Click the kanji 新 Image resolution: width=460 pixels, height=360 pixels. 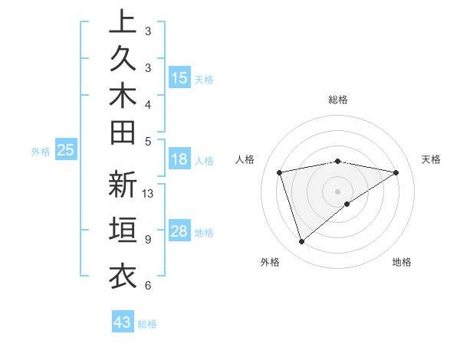(x=123, y=185)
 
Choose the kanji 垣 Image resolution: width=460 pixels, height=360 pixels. (x=123, y=231)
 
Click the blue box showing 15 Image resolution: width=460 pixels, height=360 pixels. (x=179, y=78)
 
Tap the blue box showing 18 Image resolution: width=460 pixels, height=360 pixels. (x=179, y=160)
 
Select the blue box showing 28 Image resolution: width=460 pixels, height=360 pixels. (x=179, y=231)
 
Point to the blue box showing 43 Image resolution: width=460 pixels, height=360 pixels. (x=123, y=322)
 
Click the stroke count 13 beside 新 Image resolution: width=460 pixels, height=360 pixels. (x=148, y=194)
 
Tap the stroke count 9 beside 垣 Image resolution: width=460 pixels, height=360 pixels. (x=147, y=240)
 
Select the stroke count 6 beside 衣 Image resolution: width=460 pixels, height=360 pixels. (x=147, y=286)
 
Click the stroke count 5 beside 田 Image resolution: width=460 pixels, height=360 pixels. (x=147, y=141)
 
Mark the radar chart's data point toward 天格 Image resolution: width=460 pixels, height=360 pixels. (x=396, y=172)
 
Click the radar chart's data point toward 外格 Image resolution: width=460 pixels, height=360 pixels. (x=301, y=242)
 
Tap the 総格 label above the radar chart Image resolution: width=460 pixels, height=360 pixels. (x=338, y=100)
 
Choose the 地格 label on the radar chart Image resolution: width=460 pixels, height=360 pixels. (x=402, y=263)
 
